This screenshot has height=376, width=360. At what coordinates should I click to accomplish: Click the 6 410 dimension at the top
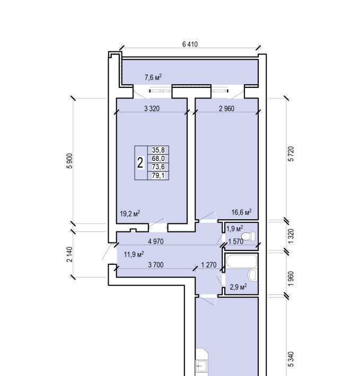(190, 44)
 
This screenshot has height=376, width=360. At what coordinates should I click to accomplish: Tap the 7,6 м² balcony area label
(153, 77)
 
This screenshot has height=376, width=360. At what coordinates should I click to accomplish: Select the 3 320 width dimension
(152, 109)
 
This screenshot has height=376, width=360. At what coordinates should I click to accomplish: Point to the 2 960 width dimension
(226, 109)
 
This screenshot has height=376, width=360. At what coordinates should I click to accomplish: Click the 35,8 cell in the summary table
(158, 150)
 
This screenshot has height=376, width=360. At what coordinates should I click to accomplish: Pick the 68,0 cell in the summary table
(158, 158)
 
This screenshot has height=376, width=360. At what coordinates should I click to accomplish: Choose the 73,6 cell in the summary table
(158, 167)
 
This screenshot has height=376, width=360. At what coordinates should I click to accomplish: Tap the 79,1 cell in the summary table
(158, 175)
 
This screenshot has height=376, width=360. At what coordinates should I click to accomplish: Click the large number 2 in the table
(141, 163)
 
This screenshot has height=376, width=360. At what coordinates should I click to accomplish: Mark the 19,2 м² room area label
(130, 213)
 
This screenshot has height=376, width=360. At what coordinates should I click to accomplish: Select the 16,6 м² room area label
(241, 212)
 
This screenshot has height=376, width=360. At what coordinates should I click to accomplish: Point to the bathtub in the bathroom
(241, 261)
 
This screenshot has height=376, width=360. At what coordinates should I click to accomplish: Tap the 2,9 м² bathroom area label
(238, 287)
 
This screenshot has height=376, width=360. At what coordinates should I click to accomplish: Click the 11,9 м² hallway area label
(134, 254)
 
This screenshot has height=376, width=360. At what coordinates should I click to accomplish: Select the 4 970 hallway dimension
(156, 241)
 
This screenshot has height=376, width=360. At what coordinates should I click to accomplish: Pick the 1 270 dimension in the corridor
(209, 265)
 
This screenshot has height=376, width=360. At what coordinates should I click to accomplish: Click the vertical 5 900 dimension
(69, 161)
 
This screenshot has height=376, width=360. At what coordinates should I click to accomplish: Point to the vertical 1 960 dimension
(291, 279)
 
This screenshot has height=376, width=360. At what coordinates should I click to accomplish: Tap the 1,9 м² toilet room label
(235, 228)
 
